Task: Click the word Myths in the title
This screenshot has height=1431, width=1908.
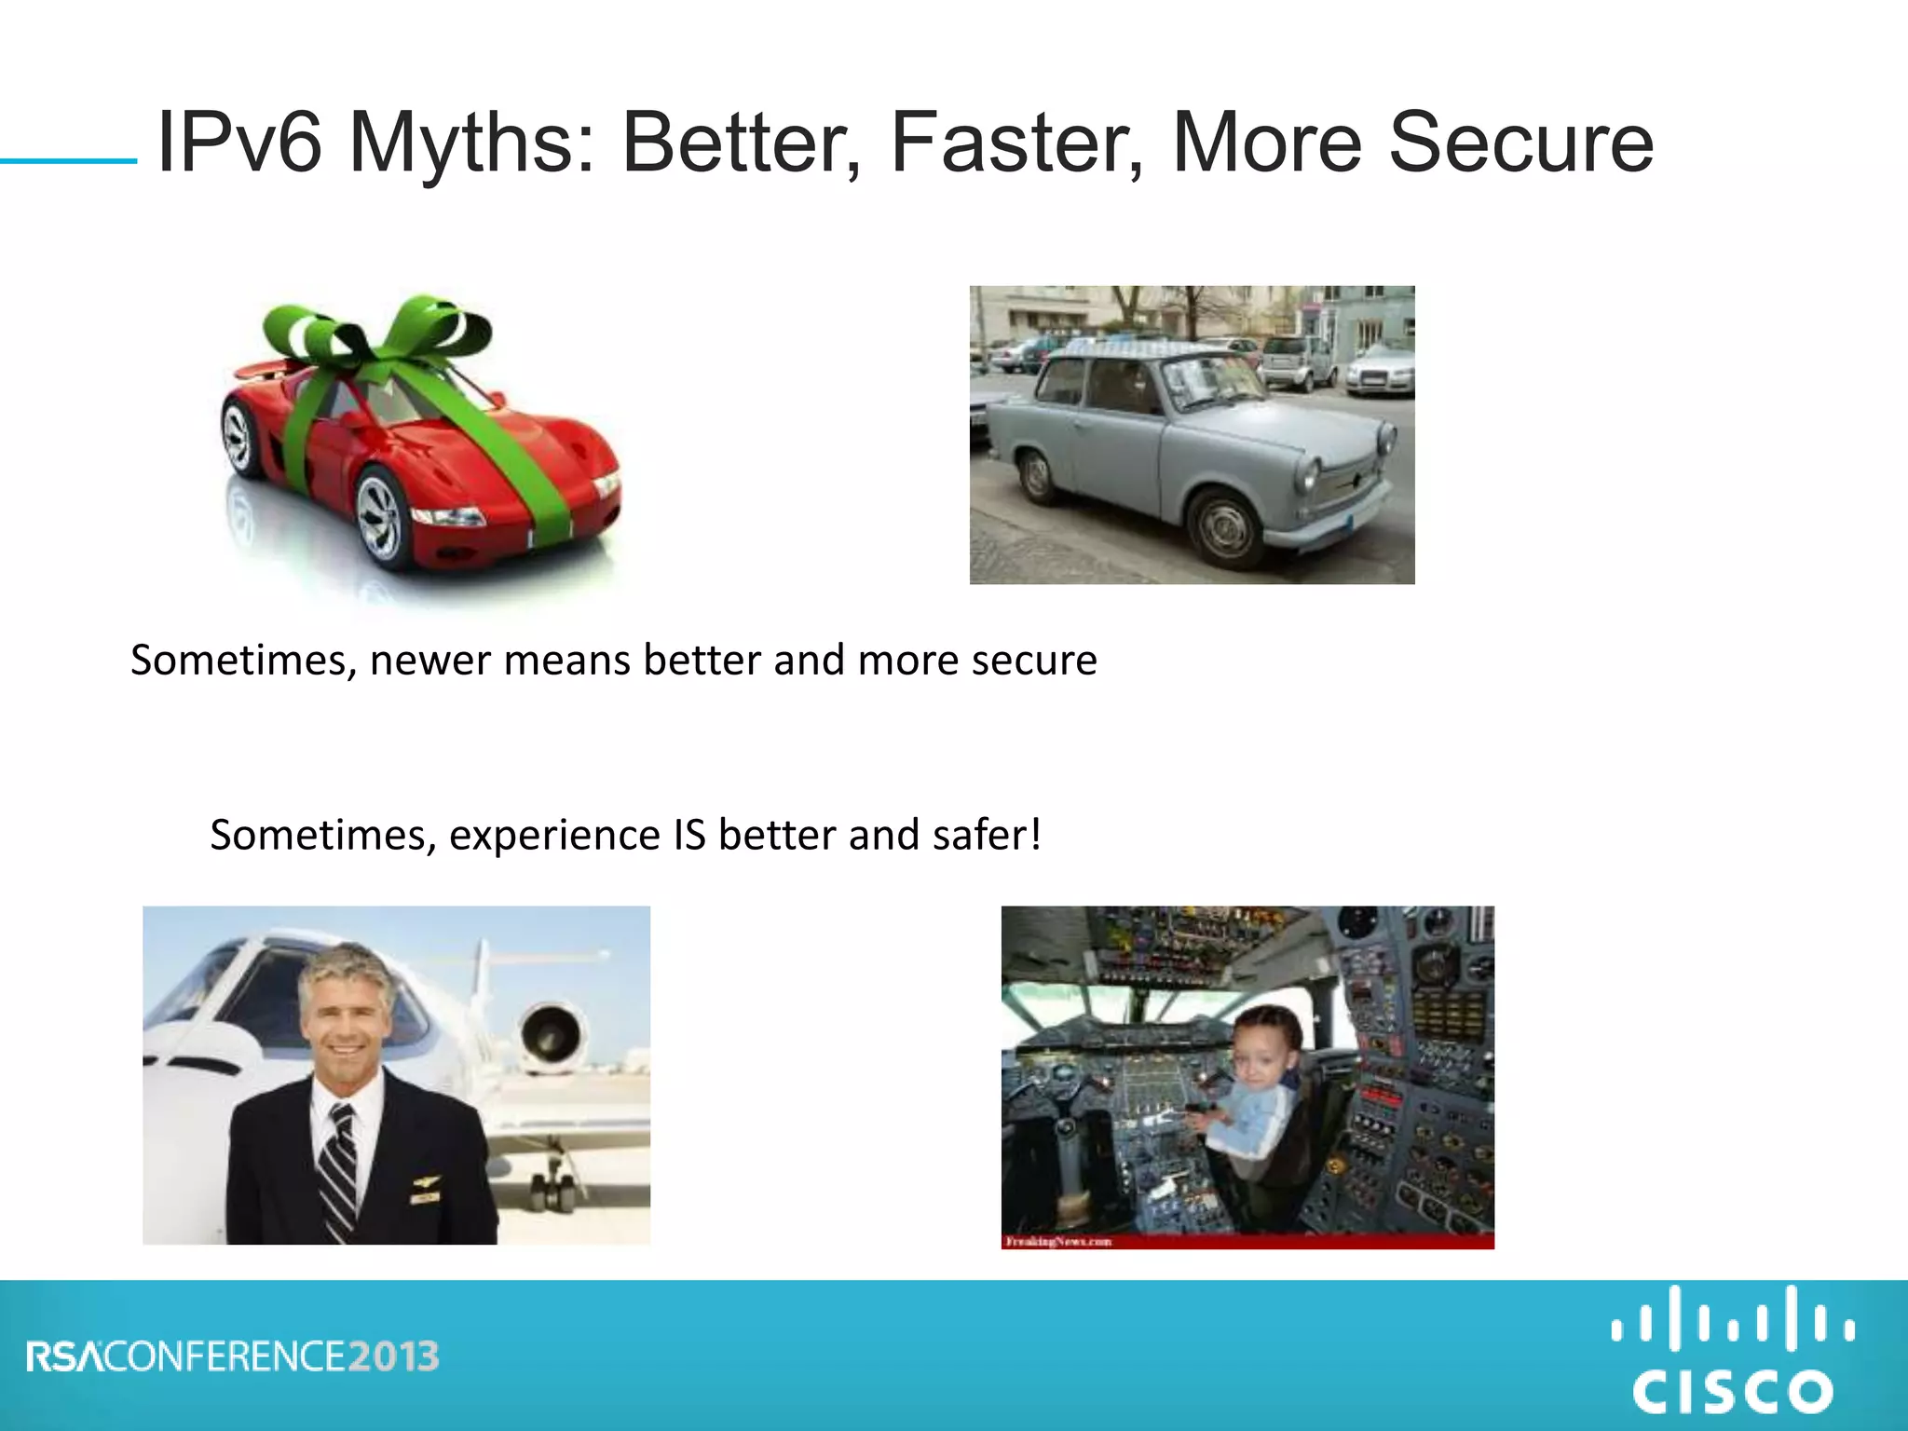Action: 470,143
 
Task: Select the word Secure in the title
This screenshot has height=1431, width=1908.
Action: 1520,143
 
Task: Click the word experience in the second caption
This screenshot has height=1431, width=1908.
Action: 554,835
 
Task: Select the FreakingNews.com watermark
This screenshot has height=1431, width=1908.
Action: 1058,1241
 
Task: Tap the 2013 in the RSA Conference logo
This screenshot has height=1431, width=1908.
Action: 394,1356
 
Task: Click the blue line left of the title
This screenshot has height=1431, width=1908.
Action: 68,161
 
